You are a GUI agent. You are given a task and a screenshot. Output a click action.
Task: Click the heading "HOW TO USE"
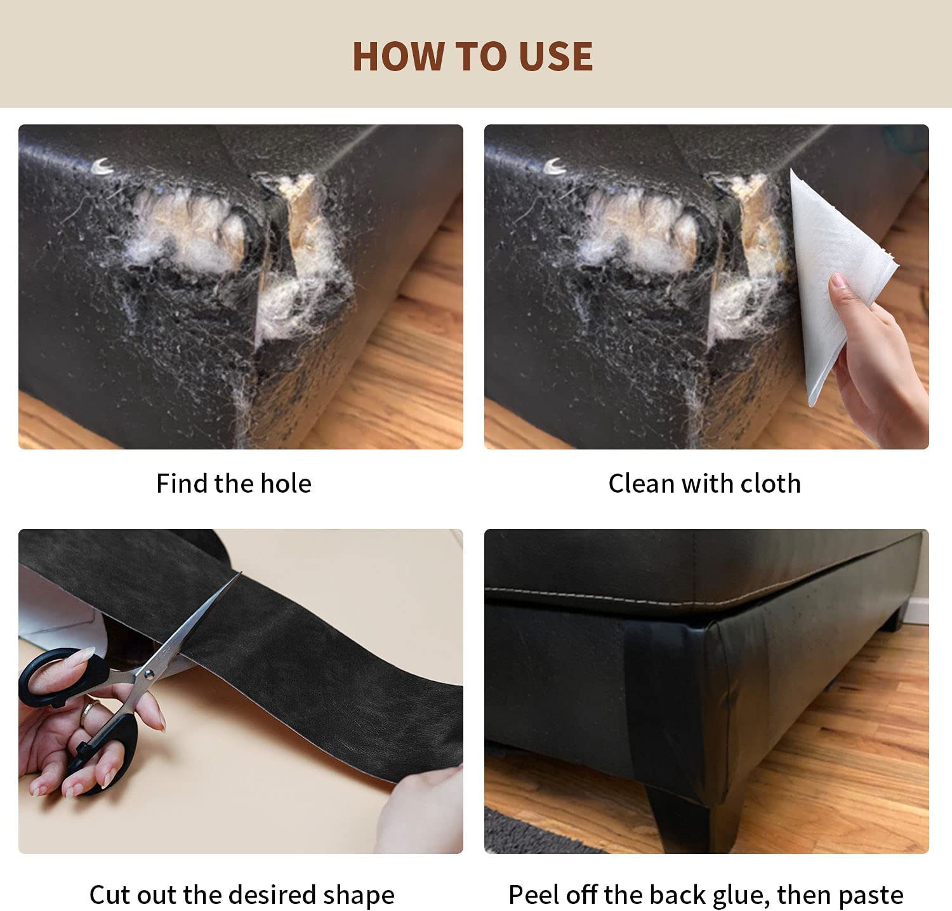point(473,56)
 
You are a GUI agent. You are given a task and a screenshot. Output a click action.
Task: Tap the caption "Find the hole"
point(234,484)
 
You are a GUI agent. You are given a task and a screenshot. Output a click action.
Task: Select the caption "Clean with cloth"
point(704,484)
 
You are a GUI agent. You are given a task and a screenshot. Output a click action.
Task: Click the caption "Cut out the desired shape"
point(242,895)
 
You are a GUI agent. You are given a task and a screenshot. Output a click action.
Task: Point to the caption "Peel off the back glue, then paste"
point(706,895)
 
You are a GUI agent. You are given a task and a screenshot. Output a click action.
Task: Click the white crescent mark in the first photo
point(102,167)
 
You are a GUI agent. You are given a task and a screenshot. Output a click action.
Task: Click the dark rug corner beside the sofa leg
point(539,832)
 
